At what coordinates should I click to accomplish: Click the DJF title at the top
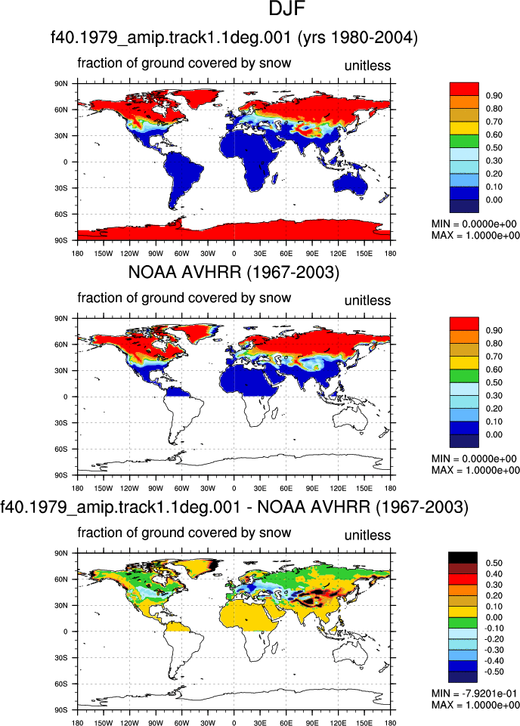tap(287, 9)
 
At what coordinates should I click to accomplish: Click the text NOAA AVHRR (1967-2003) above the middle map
tap(234, 272)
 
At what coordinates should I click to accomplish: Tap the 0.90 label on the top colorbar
tap(494, 95)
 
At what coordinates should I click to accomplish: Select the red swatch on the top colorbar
tap(464, 88)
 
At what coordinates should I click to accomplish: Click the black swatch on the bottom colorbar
tap(463, 558)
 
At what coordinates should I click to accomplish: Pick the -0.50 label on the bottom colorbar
tap(494, 672)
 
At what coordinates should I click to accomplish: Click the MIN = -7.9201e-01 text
tap(474, 694)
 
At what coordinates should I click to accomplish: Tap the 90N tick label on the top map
tap(61, 84)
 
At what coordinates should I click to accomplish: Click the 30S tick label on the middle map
tap(61, 423)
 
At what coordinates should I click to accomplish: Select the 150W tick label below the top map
tap(104, 253)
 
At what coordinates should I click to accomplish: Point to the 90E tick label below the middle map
tap(312, 488)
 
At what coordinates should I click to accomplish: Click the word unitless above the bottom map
tap(367, 535)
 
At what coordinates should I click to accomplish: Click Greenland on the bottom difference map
tap(199, 568)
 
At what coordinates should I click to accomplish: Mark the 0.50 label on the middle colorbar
tap(494, 382)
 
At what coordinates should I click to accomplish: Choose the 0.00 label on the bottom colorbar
tap(494, 617)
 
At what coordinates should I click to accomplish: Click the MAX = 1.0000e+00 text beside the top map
tap(475, 236)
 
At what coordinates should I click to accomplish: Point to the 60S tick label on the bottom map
tap(61, 684)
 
